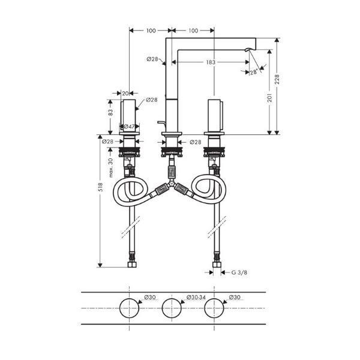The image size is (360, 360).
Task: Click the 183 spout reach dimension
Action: click(x=211, y=62)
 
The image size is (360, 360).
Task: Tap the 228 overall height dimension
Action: click(x=277, y=79)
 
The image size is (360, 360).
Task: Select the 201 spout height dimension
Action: click(x=270, y=98)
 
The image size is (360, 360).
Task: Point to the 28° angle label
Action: click(x=254, y=73)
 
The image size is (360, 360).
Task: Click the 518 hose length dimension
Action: click(x=100, y=187)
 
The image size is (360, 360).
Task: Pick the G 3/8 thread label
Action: click(x=239, y=272)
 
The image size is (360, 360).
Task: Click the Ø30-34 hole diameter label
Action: click(x=196, y=297)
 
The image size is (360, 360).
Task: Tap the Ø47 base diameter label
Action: click(x=129, y=126)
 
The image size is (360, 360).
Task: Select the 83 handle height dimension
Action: click(x=110, y=112)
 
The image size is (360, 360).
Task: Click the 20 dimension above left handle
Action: click(x=125, y=94)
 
